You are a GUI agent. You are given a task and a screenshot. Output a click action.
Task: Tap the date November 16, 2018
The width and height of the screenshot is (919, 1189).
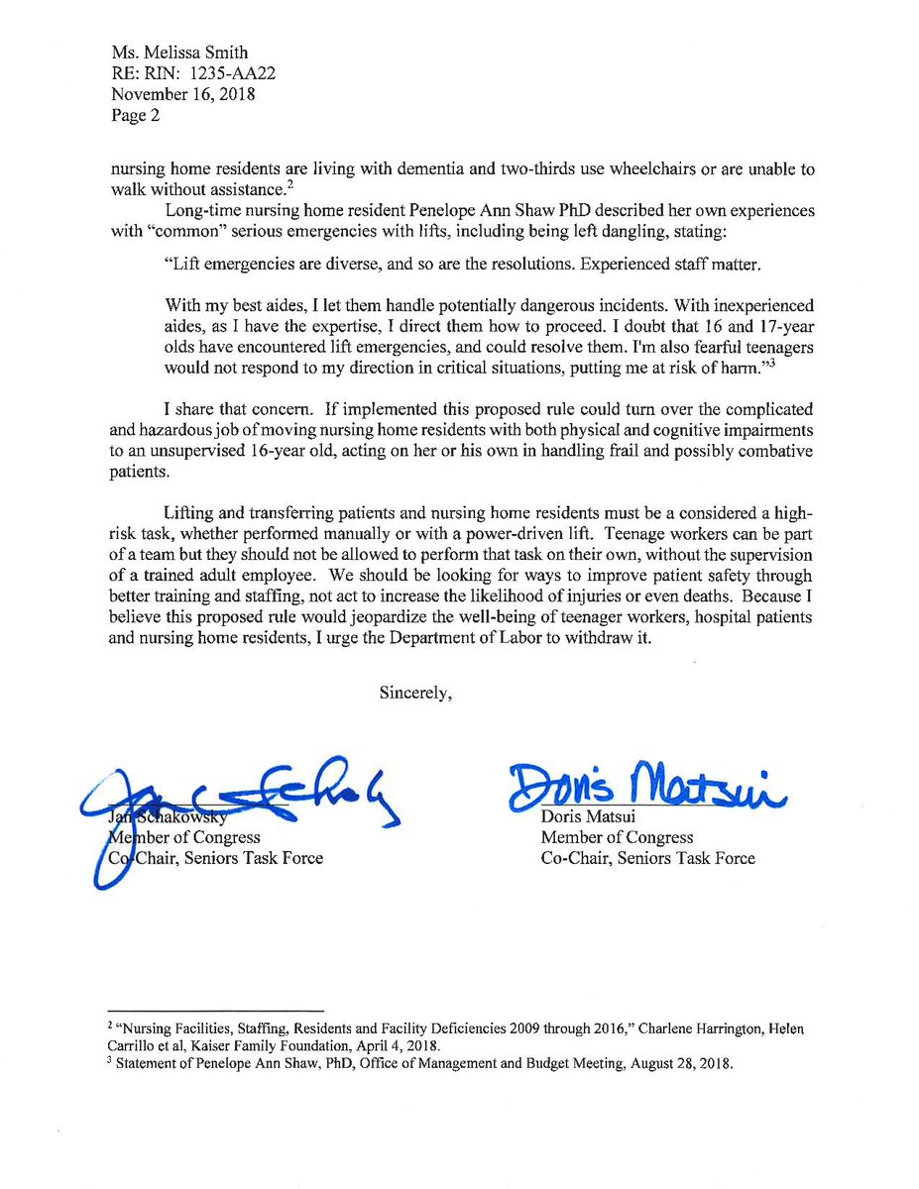point(182,95)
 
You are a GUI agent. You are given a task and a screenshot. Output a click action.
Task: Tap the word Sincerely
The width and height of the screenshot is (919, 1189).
point(416,693)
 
